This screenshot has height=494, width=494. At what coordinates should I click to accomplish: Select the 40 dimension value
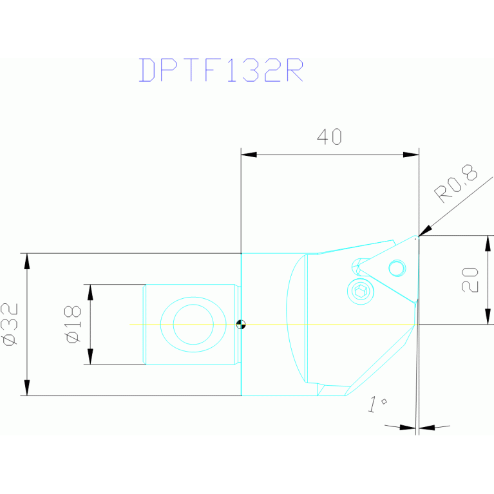click(x=329, y=137)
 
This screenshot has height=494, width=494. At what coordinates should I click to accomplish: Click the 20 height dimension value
click(x=471, y=280)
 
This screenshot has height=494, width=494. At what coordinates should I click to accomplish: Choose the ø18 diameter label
click(x=73, y=324)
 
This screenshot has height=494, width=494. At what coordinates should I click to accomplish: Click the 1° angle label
click(x=376, y=404)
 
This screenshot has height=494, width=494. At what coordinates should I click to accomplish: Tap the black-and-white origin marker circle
click(x=241, y=324)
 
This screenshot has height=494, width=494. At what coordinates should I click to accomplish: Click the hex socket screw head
click(x=361, y=291)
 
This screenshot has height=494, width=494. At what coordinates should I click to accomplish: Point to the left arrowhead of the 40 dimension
click(x=249, y=155)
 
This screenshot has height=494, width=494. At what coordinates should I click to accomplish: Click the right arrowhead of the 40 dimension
click(x=411, y=155)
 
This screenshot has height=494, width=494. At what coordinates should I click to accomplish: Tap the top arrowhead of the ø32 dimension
click(x=26, y=261)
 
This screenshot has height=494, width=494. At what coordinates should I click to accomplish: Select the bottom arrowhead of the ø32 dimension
click(x=26, y=387)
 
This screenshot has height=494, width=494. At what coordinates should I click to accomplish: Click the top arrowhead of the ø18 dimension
click(x=90, y=292)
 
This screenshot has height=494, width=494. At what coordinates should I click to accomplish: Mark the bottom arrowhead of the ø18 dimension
click(x=90, y=357)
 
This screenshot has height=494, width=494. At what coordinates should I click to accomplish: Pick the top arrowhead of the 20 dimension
click(x=488, y=243)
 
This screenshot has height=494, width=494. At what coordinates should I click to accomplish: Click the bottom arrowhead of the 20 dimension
click(x=488, y=316)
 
